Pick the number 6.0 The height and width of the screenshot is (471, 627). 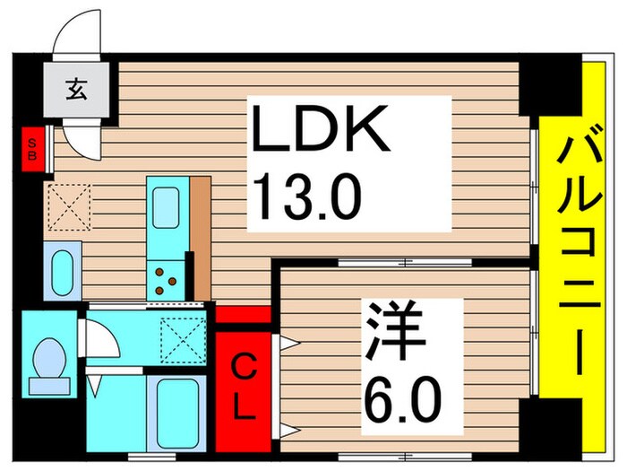403,392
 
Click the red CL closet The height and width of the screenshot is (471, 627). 242,387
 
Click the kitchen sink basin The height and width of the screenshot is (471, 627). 167,208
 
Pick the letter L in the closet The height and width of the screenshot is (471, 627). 242,408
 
